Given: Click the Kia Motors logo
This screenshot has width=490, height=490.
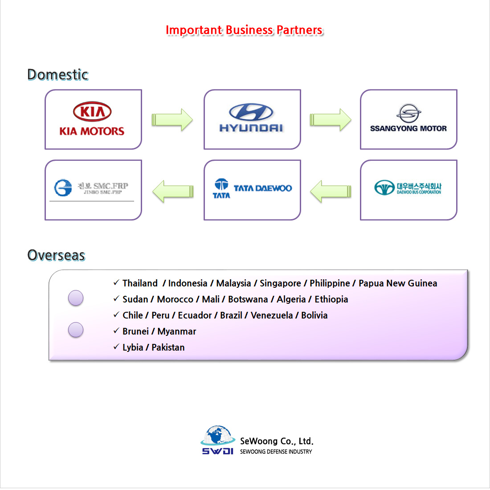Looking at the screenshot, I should pyautogui.click(x=92, y=119).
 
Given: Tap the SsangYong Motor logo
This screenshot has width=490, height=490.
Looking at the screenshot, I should pyautogui.click(x=408, y=119).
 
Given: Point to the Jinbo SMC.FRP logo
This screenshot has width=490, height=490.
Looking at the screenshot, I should pyautogui.click(x=92, y=188).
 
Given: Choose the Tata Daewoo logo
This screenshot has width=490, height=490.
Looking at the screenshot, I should pyautogui.click(x=252, y=188).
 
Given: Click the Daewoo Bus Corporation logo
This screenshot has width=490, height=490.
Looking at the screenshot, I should pyautogui.click(x=408, y=188).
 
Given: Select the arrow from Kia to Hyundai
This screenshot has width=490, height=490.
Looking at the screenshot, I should pyautogui.click(x=172, y=119).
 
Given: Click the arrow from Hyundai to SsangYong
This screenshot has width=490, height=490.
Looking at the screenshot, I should pyautogui.click(x=330, y=119).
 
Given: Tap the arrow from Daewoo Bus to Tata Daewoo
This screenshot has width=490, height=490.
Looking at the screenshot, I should pyautogui.click(x=331, y=191).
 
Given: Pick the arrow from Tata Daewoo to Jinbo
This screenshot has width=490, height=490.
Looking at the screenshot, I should pyautogui.click(x=173, y=191).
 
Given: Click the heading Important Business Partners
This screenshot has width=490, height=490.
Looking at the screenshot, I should pyautogui.click(x=244, y=30).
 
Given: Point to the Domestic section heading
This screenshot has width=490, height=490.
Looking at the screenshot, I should pyautogui.click(x=57, y=74).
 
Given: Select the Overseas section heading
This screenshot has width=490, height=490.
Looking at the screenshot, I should pyautogui.click(x=56, y=255).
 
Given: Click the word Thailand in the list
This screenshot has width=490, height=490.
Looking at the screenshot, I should pyautogui.click(x=140, y=283).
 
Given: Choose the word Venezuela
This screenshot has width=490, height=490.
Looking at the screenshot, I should pyautogui.click(x=272, y=315).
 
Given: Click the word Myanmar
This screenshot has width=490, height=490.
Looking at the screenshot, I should pyautogui.click(x=177, y=331).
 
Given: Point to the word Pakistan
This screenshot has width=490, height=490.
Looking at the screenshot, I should pyautogui.click(x=168, y=347).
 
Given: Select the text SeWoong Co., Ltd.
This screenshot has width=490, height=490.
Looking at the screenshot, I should pyautogui.click(x=277, y=441).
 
